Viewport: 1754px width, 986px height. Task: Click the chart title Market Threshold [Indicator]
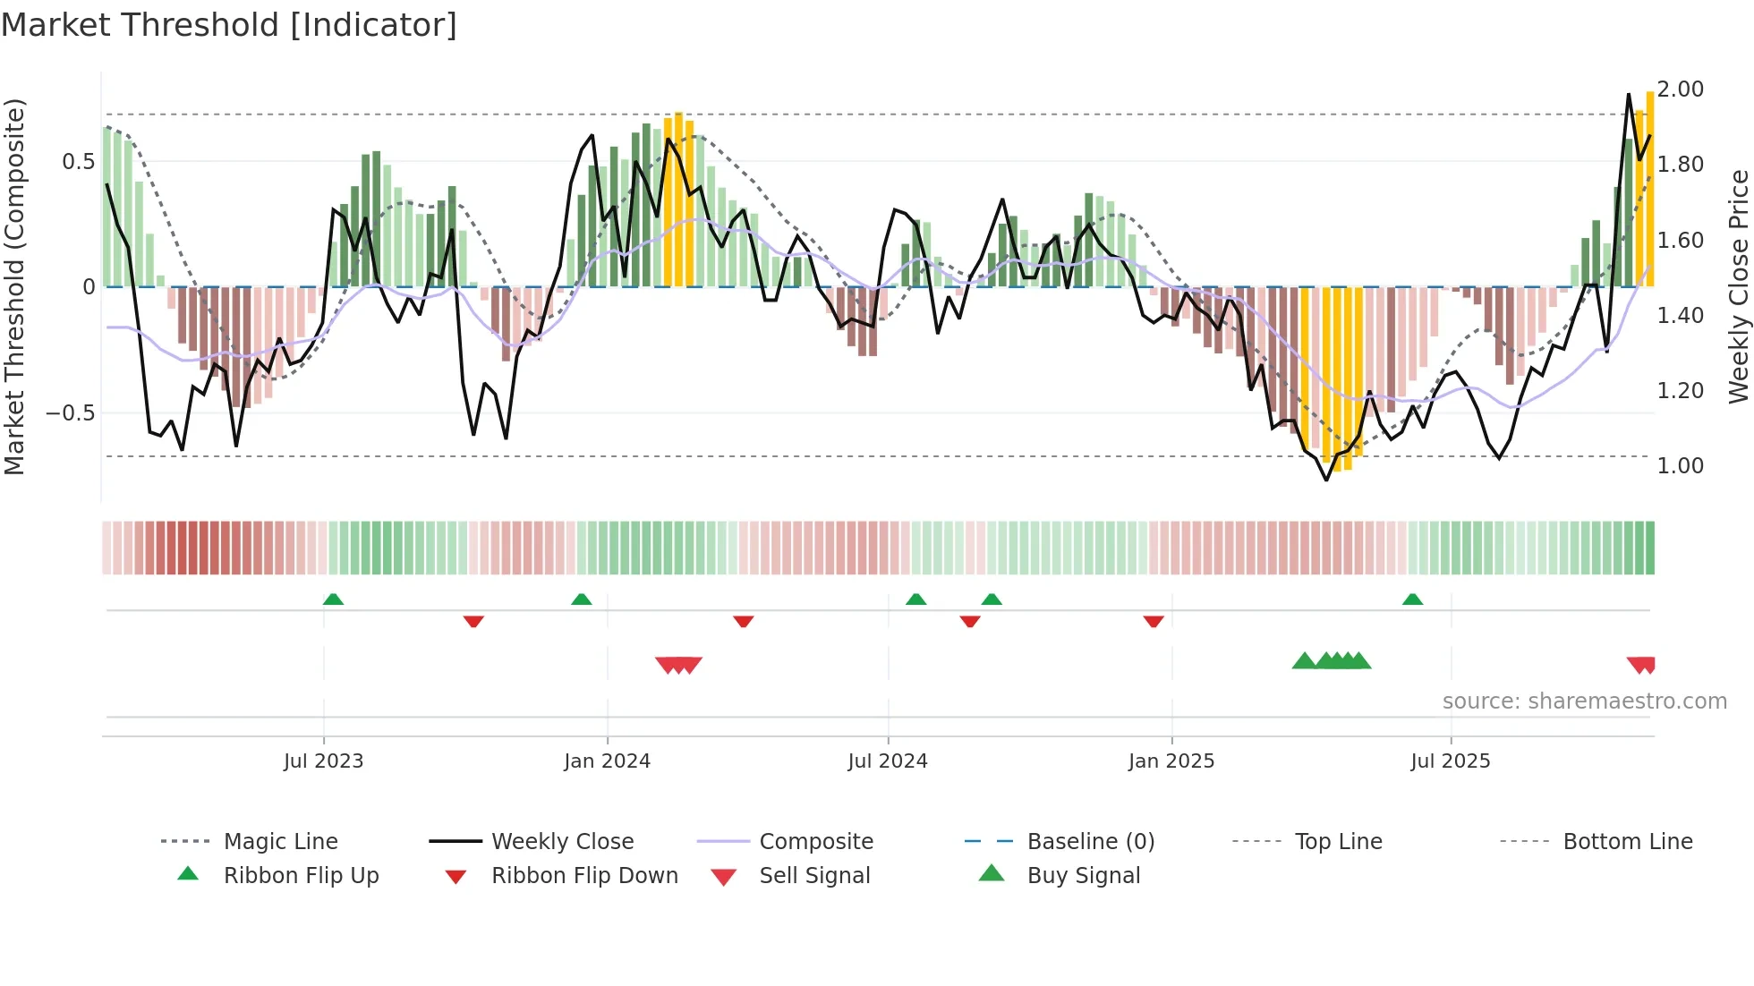click(x=229, y=25)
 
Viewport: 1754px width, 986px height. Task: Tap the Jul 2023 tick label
click(x=323, y=761)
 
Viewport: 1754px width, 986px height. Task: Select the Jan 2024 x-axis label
click(x=607, y=761)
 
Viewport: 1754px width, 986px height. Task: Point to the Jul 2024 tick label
click(x=887, y=761)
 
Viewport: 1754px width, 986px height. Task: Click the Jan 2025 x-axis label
click(x=1171, y=761)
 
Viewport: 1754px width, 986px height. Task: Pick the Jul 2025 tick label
click(x=1450, y=761)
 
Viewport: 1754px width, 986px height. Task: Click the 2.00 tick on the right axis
click(x=1680, y=89)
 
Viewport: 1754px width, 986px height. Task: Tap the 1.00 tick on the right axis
click(x=1680, y=466)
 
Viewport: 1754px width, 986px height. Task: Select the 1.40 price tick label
click(x=1680, y=316)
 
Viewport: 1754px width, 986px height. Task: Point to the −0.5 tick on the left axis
click(x=70, y=413)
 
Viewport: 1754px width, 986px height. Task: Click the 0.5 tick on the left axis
click(x=78, y=162)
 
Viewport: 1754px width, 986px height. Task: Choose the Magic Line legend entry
click(x=280, y=842)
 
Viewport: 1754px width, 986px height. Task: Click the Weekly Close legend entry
click(x=562, y=842)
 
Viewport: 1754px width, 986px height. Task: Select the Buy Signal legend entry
click(x=1083, y=876)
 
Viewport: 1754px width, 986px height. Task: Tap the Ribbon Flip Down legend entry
click(x=584, y=876)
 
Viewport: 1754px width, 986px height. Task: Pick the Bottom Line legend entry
click(x=1627, y=842)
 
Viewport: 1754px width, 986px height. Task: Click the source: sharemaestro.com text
click(x=1584, y=701)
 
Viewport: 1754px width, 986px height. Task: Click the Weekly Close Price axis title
click(x=1738, y=286)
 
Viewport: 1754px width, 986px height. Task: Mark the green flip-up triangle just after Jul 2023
click(x=333, y=599)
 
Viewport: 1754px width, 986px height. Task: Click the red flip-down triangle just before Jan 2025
click(x=1153, y=621)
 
